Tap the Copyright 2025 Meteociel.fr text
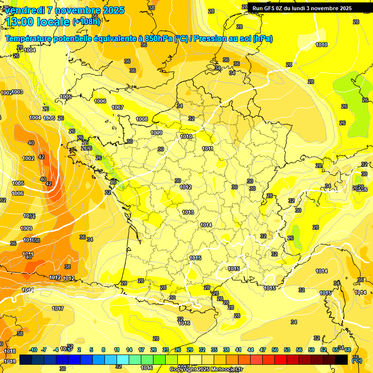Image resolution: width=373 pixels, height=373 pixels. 206,369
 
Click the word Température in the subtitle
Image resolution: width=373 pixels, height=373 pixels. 31,39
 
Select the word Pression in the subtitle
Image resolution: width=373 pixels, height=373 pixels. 213,39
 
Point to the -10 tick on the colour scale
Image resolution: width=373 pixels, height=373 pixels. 33,350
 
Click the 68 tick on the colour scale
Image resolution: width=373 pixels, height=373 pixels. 348,350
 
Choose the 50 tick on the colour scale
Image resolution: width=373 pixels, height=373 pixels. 275,350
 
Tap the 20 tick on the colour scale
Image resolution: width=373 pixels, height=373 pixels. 153,350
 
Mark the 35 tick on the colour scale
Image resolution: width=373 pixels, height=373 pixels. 214,350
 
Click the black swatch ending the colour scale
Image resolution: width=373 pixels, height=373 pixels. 341,359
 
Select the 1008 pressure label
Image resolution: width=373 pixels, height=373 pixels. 142,119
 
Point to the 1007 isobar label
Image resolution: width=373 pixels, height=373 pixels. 118,107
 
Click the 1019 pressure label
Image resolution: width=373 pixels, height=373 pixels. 10,361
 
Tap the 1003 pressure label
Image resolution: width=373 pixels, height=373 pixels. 17,92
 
